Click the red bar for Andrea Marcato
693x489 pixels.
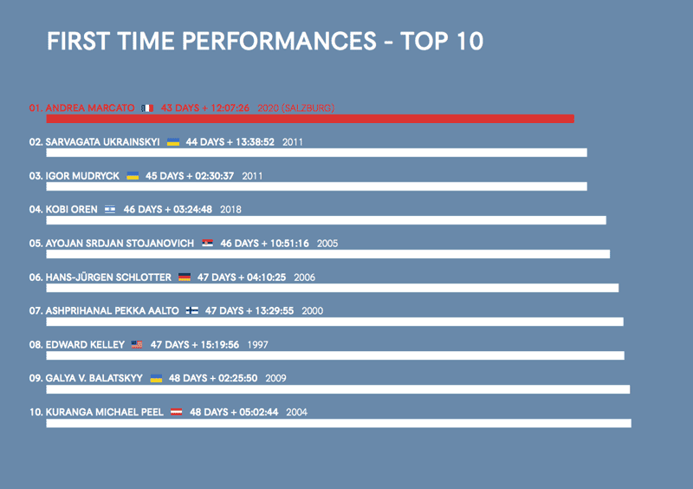310,119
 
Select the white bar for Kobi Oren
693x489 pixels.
327,220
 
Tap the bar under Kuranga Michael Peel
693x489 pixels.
339,423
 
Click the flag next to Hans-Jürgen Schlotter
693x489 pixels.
185,277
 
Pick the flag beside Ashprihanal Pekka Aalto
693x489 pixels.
191,310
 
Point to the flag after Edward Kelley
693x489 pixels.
137,344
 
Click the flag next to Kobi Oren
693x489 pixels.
110,209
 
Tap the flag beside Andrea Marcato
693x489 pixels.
147,108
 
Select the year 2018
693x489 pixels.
230,209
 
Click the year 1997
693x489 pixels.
257,345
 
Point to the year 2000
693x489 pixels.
313,310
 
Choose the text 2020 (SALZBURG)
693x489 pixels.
296,108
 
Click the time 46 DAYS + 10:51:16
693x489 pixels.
265,244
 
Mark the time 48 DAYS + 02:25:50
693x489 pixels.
213,378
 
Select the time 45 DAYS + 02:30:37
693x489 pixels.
190,176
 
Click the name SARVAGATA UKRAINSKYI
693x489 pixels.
102,142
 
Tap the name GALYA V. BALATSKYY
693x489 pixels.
94,378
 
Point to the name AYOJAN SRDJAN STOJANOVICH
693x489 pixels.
120,244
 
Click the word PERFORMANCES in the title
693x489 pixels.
279,41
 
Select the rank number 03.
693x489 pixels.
36,176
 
